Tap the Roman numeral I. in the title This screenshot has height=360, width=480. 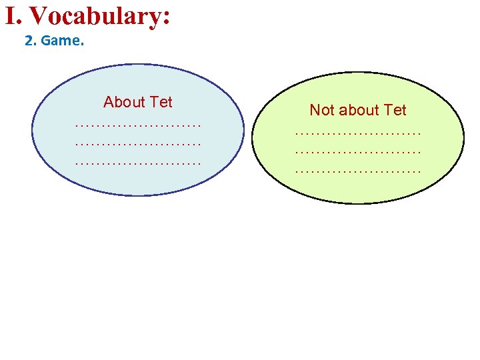(14, 16)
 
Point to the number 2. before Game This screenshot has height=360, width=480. (31, 41)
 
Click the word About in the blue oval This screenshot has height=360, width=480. (124, 102)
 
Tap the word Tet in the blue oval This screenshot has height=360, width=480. (161, 102)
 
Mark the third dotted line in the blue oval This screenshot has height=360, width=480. (138, 161)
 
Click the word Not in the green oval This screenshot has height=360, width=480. (321, 110)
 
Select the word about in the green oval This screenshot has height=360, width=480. (357, 110)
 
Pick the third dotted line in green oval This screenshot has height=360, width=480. (358, 170)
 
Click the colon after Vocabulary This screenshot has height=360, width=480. (165, 19)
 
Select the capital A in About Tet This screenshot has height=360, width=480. (109, 102)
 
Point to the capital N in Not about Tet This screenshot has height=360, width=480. (315, 110)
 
